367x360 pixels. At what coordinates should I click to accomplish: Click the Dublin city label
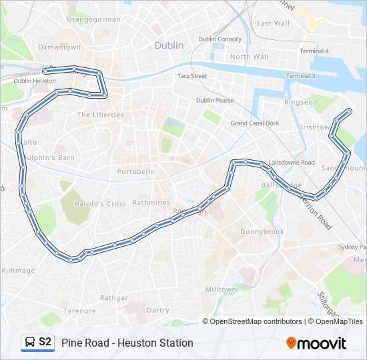[x=168, y=46]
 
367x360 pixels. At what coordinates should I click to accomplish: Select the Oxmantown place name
[x=59, y=47]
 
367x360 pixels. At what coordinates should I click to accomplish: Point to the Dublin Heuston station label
[x=35, y=81]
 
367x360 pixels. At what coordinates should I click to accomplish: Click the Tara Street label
[x=192, y=76]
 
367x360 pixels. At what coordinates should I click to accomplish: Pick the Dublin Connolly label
[x=220, y=39]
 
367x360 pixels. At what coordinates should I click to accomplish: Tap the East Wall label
[x=273, y=23]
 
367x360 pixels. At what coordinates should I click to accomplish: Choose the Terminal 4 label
[x=314, y=51]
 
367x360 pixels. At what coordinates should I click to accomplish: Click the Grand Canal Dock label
[x=255, y=123]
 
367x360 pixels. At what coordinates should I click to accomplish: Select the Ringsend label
[x=301, y=103]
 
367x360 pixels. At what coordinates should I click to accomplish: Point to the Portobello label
[x=135, y=171]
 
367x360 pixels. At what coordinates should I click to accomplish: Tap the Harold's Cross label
[x=100, y=204]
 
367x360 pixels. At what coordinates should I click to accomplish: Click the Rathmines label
[x=151, y=203]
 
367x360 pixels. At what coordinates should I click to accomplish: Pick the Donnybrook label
[x=262, y=232]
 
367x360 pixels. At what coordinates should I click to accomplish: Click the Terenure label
[x=80, y=311]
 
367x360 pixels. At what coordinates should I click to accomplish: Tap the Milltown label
[x=220, y=289]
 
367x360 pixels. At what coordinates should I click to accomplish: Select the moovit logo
[x=316, y=343]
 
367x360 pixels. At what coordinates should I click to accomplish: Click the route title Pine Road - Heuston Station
[x=127, y=343]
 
